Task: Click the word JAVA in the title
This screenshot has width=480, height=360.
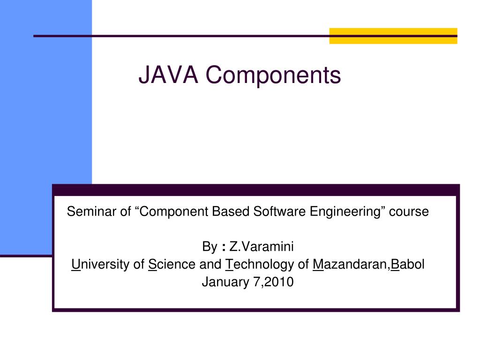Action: pyautogui.click(x=168, y=75)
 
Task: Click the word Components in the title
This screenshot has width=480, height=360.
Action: pyautogui.click(x=273, y=75)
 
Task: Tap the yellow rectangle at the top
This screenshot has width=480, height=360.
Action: pyautogui.click(x=393, y=36)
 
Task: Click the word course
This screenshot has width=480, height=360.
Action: pyautogui.click(x=411, y=212)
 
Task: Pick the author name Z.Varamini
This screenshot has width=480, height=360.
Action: pyautogui.click(x=261, y=247)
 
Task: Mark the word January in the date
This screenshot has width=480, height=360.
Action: pyautogui.click(x=222, y=283)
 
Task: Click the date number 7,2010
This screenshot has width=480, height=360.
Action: pyautogui.click(x=270, y=283)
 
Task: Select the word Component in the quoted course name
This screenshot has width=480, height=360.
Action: pyautogui.click(x=172, y=212)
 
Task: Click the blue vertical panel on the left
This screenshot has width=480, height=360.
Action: pyautogui.click(x=45, y=117)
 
